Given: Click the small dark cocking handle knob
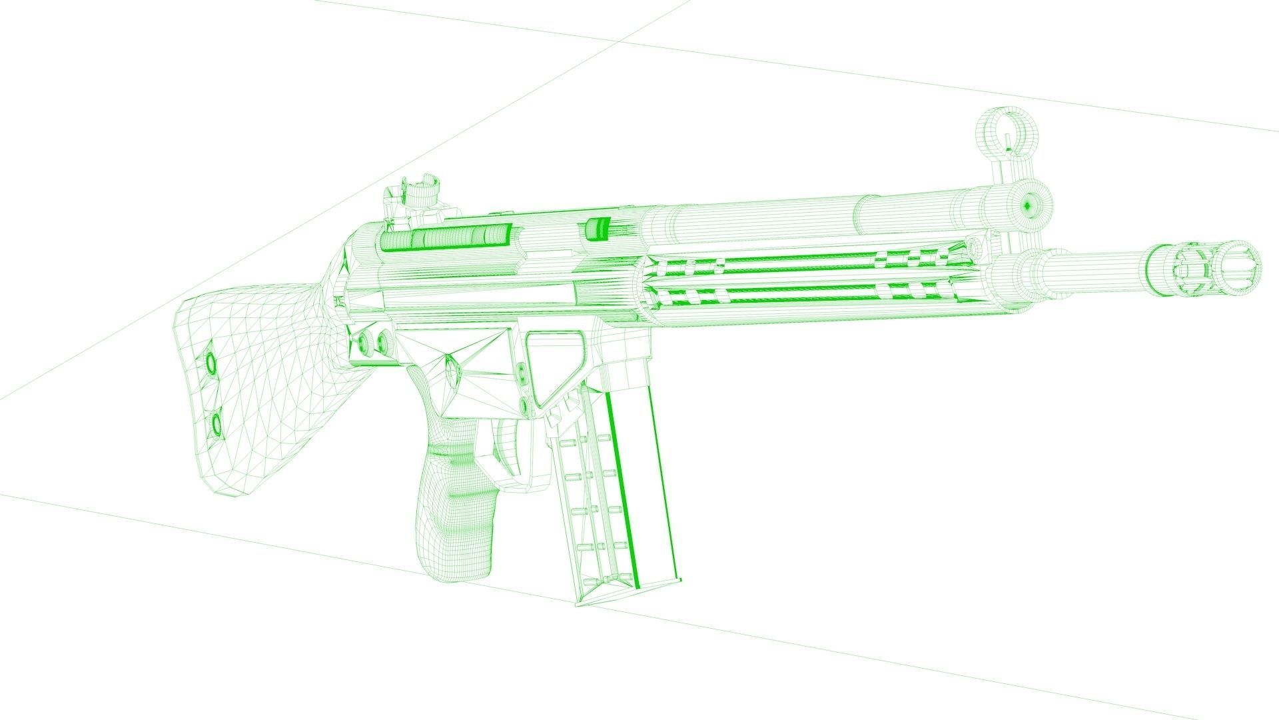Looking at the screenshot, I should click(597, 228).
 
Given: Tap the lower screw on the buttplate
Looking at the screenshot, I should click(216, 423).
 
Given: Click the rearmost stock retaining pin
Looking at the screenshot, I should click(363, 343).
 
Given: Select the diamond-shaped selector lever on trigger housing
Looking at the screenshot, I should click(452, 373).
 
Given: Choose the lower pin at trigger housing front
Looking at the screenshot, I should click(524, 406).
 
